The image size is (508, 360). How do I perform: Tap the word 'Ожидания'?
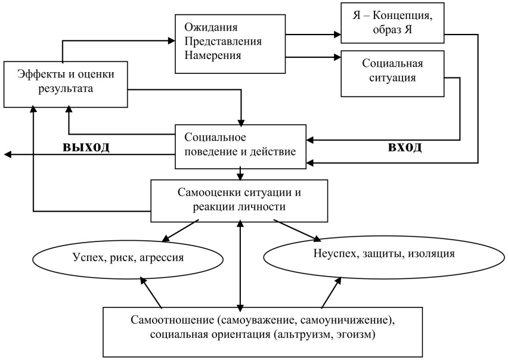tap(211, 28)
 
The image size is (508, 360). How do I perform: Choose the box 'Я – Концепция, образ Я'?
tap(392, 22)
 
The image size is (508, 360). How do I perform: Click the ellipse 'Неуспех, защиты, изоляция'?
tap(383, 253)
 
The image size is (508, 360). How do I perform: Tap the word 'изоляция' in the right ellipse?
tap(430, 253)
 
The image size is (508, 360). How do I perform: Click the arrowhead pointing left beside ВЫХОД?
tap(7, 154)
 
